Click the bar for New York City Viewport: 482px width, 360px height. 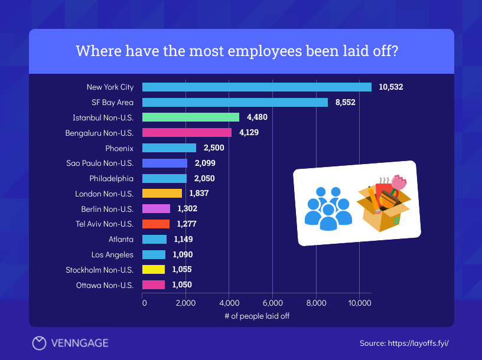tap(257, 87)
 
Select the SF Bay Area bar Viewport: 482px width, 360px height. tap(235, 102)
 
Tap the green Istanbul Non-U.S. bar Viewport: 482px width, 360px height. tap(191, 117)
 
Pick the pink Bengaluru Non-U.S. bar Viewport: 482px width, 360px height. tap(187, 132)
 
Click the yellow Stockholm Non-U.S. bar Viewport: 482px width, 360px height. tap(154, 270)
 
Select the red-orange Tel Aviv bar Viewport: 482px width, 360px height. tap(156, 224)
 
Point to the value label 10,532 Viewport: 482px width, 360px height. tap(391, 87)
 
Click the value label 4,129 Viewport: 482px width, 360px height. tap(249, 132)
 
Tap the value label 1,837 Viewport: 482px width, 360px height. tap(199, 193)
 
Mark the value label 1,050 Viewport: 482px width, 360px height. tap(182, 284)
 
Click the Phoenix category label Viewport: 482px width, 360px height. tap(119, 148)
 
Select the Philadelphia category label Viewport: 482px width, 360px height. tap(111, 178)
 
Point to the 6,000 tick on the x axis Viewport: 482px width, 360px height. tap(272, 303)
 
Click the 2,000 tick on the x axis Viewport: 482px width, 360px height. tap(185, 303)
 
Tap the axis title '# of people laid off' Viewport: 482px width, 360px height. tap(257, 316)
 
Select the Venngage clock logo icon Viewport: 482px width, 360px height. tap(39, 343)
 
